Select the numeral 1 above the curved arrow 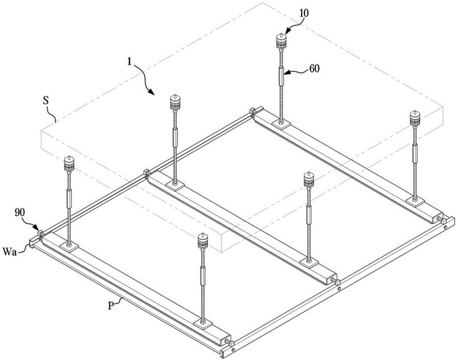pyautogui.click(x=129, y=62)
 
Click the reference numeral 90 pyautogui.click(x=21, y=213)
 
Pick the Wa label pyautogui.click(x=9, y=251)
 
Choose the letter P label pyautogui.click(x=111, y=306)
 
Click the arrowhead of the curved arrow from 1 pyautogui.click(x=152, y=92)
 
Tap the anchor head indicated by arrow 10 pyautogui.click(x=280, y=41)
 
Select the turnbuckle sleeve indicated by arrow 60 pyautogui.click(x=281, y=76)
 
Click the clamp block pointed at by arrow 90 pyautogui.click(x=40, y=233)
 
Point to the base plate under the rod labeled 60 pyautogui.click(x=281, y=124)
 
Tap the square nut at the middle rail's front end pyautogui.click(x=337, y=282)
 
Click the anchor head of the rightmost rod pyautogui.click(x=415, y=119)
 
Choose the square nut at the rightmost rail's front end pyautogui.click(x=444, y=222)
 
